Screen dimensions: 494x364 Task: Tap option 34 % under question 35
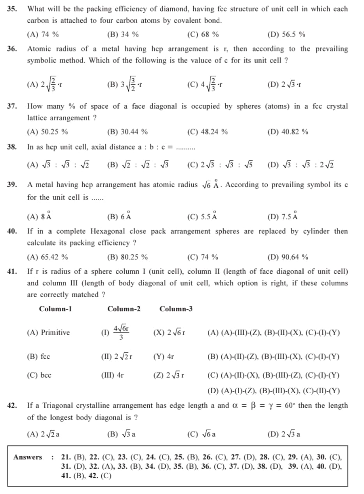(x=123, y=34)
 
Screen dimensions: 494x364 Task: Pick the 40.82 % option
(x=288, y=132)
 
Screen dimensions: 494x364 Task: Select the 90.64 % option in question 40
(x=288, y=257)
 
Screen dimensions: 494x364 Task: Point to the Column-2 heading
(x=124, y=309)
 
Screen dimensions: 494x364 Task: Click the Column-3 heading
(x=176, y=309)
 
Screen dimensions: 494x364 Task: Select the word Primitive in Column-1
(x=55, y=332)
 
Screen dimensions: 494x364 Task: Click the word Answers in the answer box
(x=28, y=457)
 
